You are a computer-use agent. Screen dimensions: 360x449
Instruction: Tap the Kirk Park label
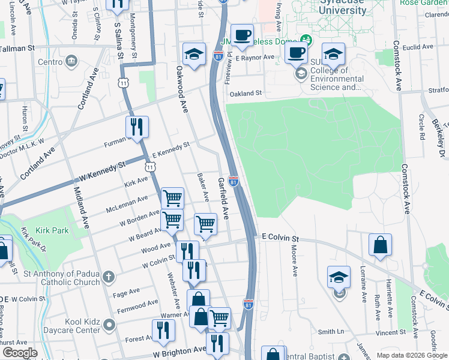pos(52,230)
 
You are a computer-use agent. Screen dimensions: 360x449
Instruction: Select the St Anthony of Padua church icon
pos(108,277)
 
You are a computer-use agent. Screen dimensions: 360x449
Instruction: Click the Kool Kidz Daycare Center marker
pos(109,325)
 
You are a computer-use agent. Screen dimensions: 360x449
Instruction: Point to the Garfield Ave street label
pos(223,197)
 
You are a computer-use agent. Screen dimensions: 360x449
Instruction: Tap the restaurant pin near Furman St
pos(137,127)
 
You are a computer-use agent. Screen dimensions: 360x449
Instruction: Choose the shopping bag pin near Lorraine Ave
pos(380,245)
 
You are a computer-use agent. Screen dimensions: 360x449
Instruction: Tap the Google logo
pos(20,353)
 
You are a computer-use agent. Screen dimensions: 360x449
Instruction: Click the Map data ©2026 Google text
pos(411,355)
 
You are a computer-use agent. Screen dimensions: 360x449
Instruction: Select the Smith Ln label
pos(331,331)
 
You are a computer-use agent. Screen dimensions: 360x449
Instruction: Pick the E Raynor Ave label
pos(255,58)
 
